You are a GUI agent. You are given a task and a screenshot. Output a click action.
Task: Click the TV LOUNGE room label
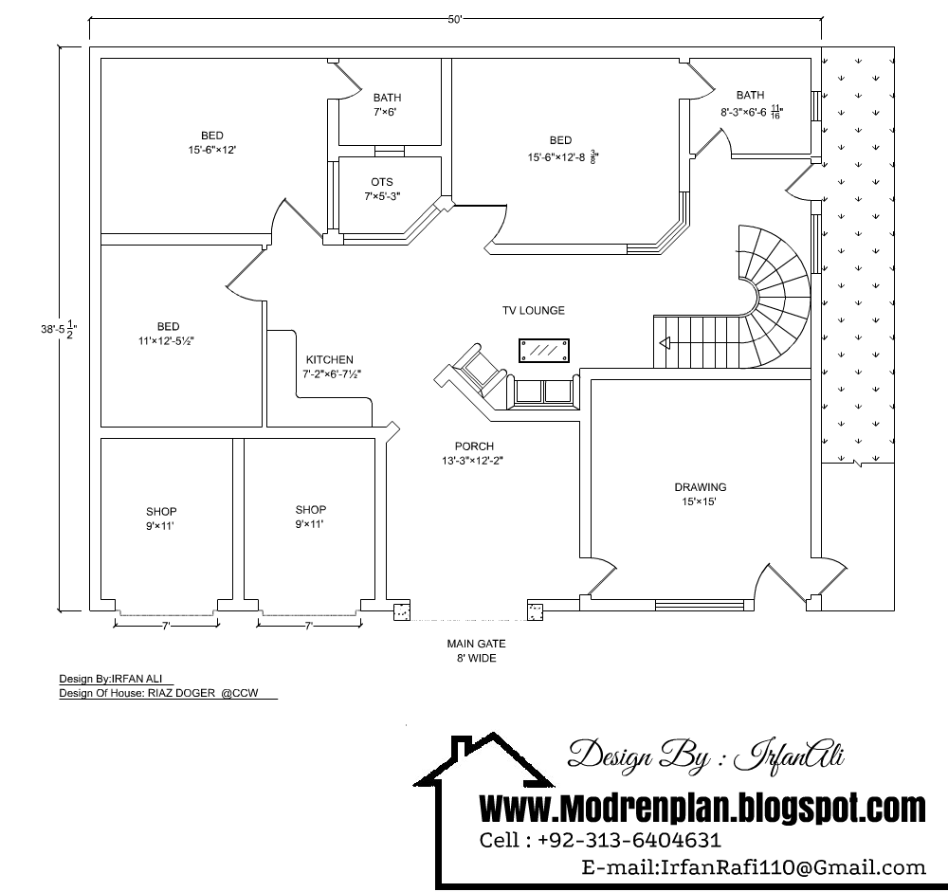click(534, 310)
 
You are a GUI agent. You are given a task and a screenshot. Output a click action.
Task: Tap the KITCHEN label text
click(329, 360)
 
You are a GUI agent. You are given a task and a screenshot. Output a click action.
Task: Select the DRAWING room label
click(700, 487)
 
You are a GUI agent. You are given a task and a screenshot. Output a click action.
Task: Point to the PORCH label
click(474, 446)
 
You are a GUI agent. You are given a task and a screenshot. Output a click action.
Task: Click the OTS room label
click(382, 182)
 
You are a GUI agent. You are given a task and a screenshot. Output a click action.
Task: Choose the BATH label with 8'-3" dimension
click(750, 95)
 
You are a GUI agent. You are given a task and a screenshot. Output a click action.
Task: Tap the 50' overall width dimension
click(455, 22)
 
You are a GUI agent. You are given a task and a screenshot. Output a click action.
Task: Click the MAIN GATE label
click(476, 644)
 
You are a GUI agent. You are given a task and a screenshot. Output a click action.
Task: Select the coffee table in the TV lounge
click(544, 350)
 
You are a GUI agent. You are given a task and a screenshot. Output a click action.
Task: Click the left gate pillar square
click(402, 611)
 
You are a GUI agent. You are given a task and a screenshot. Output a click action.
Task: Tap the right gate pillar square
click(537, 611)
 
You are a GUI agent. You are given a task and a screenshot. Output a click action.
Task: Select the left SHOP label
click(161, 512)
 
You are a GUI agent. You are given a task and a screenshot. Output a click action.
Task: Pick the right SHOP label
click(311, 509)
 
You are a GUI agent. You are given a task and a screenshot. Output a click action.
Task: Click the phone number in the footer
click(629, 840)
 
